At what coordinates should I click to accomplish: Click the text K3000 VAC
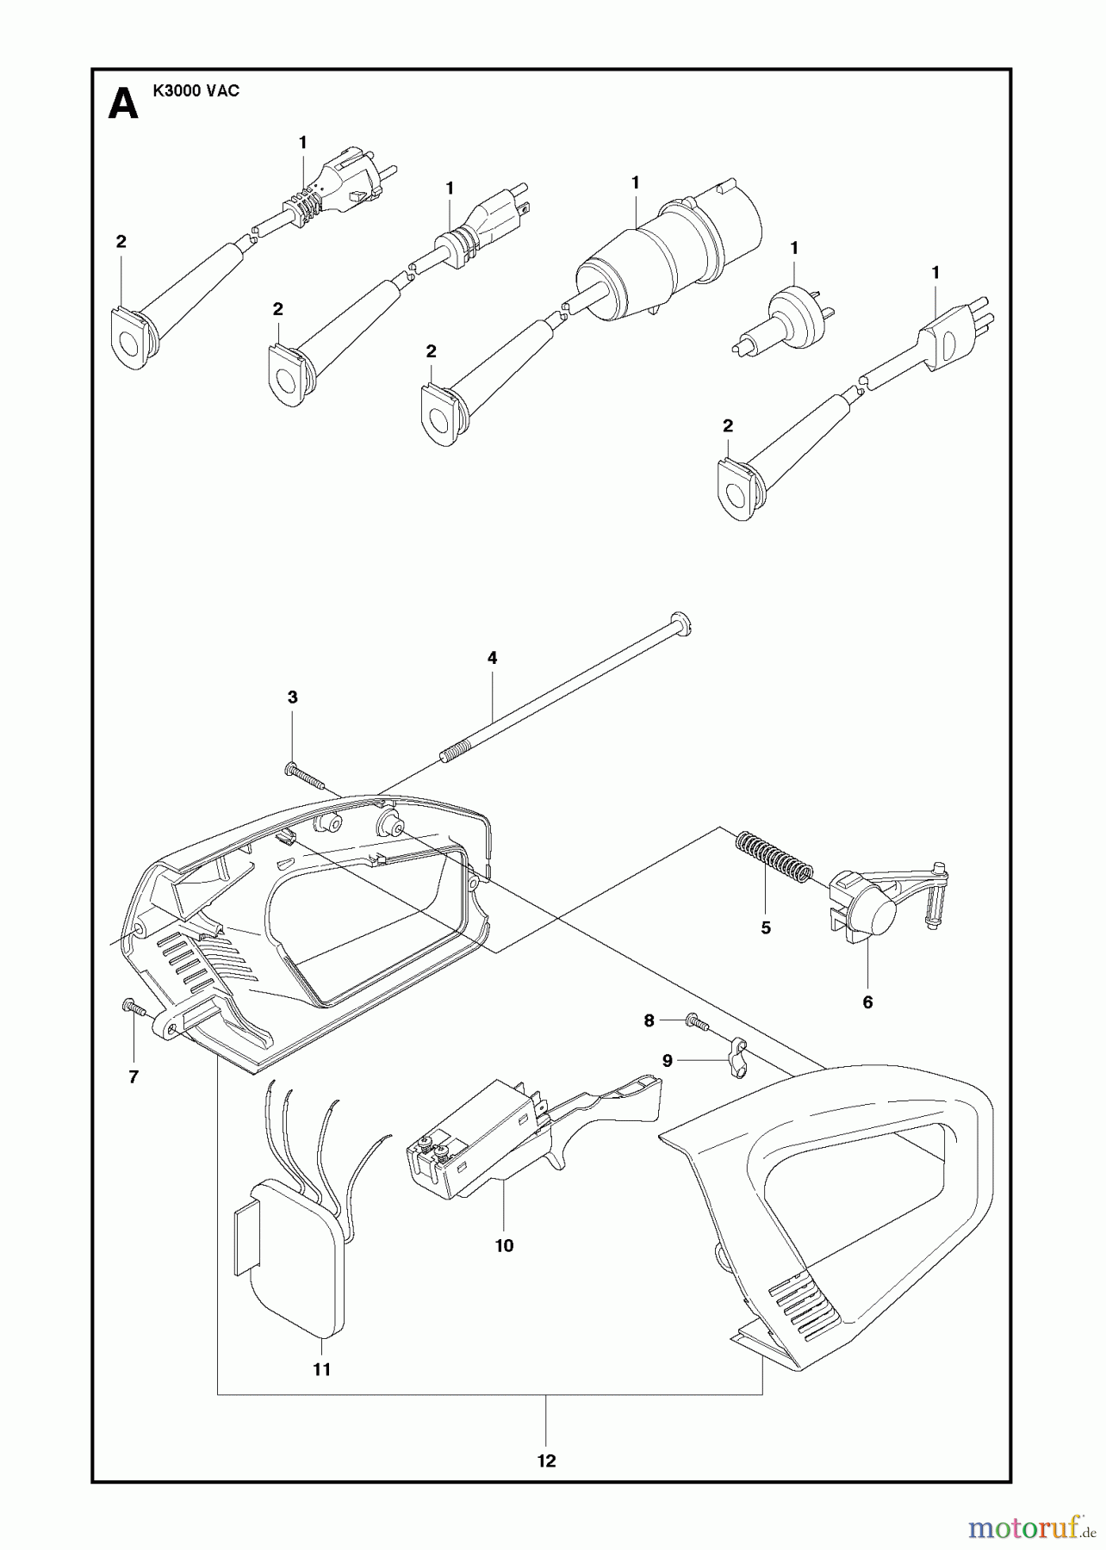196,91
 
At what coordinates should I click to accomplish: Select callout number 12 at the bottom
546,1460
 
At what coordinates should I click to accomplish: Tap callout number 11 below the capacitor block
321,1369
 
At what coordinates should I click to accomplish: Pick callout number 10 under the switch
504,1245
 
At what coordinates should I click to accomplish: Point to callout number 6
867,1002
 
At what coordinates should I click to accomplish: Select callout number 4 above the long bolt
492,658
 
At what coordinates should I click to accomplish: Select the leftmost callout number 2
121,242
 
